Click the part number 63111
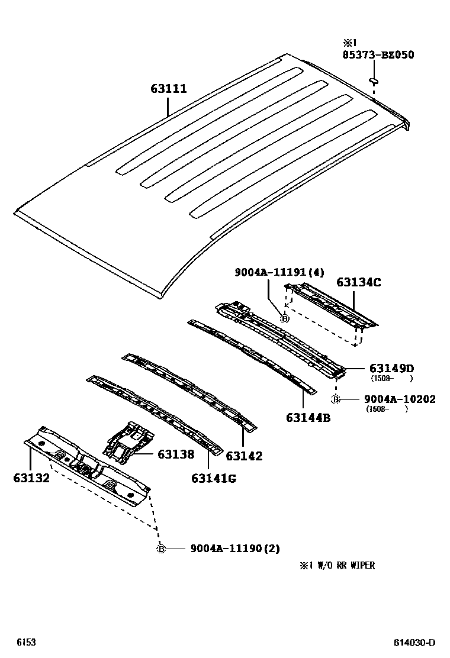click(x=168, y=89)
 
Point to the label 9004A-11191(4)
click(x=279, y=272)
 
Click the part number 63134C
click(x=359, y=282)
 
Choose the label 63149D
click(x=391, y=369)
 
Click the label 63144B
click(x=308, y=418)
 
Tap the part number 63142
click(x=244, y=456)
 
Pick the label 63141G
click(x=213, y=478)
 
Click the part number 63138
click(x=176, y=454)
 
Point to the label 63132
click(x=31, y=477)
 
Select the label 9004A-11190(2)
click(x=234, y=549)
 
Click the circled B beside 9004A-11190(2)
click(x=160, y=549)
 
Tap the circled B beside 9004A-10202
click(x=336, y=399)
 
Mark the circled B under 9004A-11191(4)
click(x=284, y=319)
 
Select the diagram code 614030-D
click(x=415, y=643)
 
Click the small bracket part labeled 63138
click(x=127, y=441)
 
